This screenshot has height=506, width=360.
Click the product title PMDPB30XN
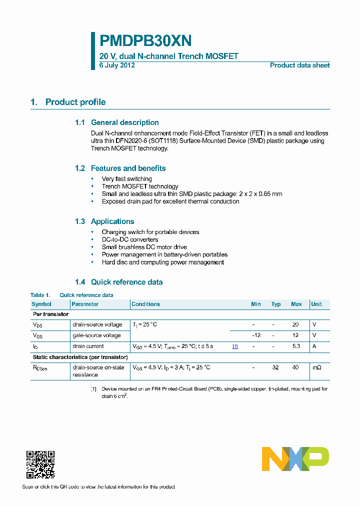click(x=145, y=40)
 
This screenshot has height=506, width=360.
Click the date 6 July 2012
click(x=117, y=65)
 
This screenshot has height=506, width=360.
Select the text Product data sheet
click(x=299, y=65)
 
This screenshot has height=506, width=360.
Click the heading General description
click(x=124, y=122)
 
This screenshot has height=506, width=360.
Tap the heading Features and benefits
click(x=128, y=168)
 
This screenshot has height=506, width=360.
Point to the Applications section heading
click(x=112, y=221)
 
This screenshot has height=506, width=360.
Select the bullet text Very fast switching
click(x=126, y=179)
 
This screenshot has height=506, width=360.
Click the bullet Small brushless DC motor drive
click(x=144, y=247)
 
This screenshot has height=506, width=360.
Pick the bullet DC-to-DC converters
click(x=129, y=239)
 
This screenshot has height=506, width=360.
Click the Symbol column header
click(x=41, y=304)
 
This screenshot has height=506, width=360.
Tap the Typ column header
click(x=276, y=304)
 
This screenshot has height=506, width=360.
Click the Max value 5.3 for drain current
click(x=296, y=346)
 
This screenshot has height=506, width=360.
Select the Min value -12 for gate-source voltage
click(x=256, y=335)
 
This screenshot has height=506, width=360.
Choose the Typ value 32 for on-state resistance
click(x=275, y=367)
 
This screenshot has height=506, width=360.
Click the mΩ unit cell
click(x=317, y=367)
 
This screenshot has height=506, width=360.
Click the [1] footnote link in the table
click(x=235, y=346)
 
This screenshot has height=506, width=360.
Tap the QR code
click(x=40, y=464)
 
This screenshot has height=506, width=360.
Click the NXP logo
click(x=295, y=459)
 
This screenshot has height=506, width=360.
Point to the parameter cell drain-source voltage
click(x=97, y=324)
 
